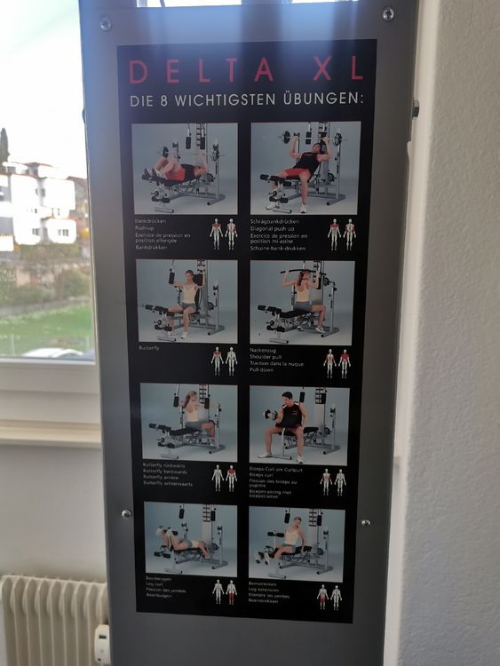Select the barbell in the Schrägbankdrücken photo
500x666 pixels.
(x=312, y=138)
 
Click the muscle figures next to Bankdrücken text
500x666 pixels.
(x=223, y=234)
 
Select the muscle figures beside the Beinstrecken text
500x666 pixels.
(x=329, y=596)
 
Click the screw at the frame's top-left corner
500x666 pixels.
(x=105, y=24)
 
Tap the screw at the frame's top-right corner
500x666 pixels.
(x=388, y=14)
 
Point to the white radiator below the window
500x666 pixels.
(x=53, y=619)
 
